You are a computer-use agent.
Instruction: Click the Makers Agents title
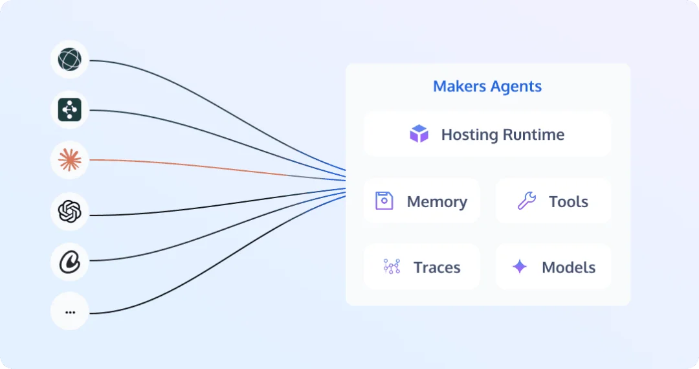[x=487, y=87]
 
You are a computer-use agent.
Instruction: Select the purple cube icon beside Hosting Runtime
[x=419, y=134]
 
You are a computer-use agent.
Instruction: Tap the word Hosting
[x=470, y=135]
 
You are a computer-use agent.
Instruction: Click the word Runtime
[x=533, y=135]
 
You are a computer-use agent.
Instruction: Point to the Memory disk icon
[x=384, y=201]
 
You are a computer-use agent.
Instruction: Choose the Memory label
[x=437, y=202]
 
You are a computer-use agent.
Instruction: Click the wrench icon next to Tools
[x=526, y=201]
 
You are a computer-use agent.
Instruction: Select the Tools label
[x=568, y=202]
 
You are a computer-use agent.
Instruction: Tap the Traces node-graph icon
[x=392, y=267]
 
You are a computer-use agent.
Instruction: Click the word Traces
[x=437, y=267]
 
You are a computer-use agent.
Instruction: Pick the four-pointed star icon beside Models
[x=519, y=267]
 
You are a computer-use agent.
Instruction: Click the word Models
[x=568, y=267]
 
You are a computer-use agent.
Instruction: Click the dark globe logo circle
[x=69, y=60]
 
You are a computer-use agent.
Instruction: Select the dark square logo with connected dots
[x=69, y=109]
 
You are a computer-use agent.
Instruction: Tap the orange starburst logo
[x=69, y=160]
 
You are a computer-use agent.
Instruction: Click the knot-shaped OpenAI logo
[x=69, y=211]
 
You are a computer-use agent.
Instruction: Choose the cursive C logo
[x=69, y=262]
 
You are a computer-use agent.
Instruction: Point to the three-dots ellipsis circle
[x=69, y=311]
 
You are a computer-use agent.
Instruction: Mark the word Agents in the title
[x=516, y=87]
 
